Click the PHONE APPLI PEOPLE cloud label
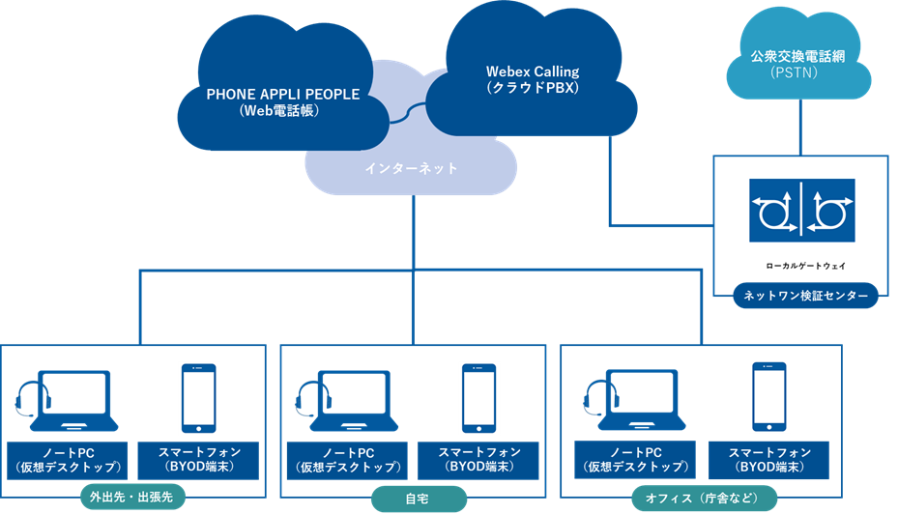click(x=282, y=102)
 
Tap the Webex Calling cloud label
click(x=532, y=79)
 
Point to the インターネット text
click(x=411, y=169)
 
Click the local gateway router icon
click(x=801, y=208)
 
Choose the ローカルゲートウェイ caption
click(x=801, y=263)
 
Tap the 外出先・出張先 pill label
click(x=132, y=499)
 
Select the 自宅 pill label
click(x=419, y=499)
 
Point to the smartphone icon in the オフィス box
click(x=768, y=397)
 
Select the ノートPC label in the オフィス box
click(x=633, y=460)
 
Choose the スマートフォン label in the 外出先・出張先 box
click(x=198, y=460)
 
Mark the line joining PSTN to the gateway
click(x=799, y=127)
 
